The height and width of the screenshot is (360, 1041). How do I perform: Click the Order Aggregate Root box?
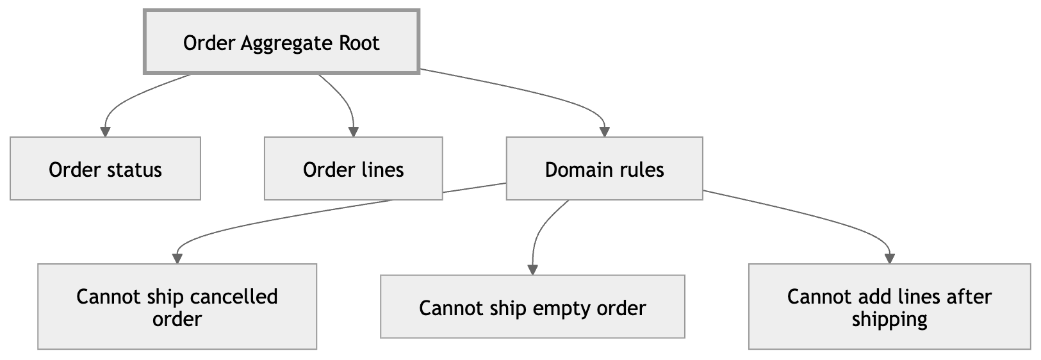click(281, 42)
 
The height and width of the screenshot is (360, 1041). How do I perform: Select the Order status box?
click(105, 168)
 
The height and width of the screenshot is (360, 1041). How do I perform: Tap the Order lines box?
click(353, 168)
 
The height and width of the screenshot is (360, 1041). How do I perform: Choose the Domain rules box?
click(604, 168)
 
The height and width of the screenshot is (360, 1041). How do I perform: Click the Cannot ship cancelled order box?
click(177, 307)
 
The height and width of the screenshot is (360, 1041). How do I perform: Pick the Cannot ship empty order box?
click(532, 307)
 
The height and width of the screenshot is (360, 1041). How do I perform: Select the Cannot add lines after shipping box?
click(889, 307)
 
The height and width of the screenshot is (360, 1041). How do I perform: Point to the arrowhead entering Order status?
click(105, 131)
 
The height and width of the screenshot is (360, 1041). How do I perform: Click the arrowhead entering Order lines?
click(353, 131)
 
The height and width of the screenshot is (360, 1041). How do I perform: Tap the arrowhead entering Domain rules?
click(604, 131)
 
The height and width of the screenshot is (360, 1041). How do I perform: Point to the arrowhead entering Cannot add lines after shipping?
click(889, 258)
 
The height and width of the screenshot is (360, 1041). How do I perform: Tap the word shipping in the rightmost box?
click(889, 319)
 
